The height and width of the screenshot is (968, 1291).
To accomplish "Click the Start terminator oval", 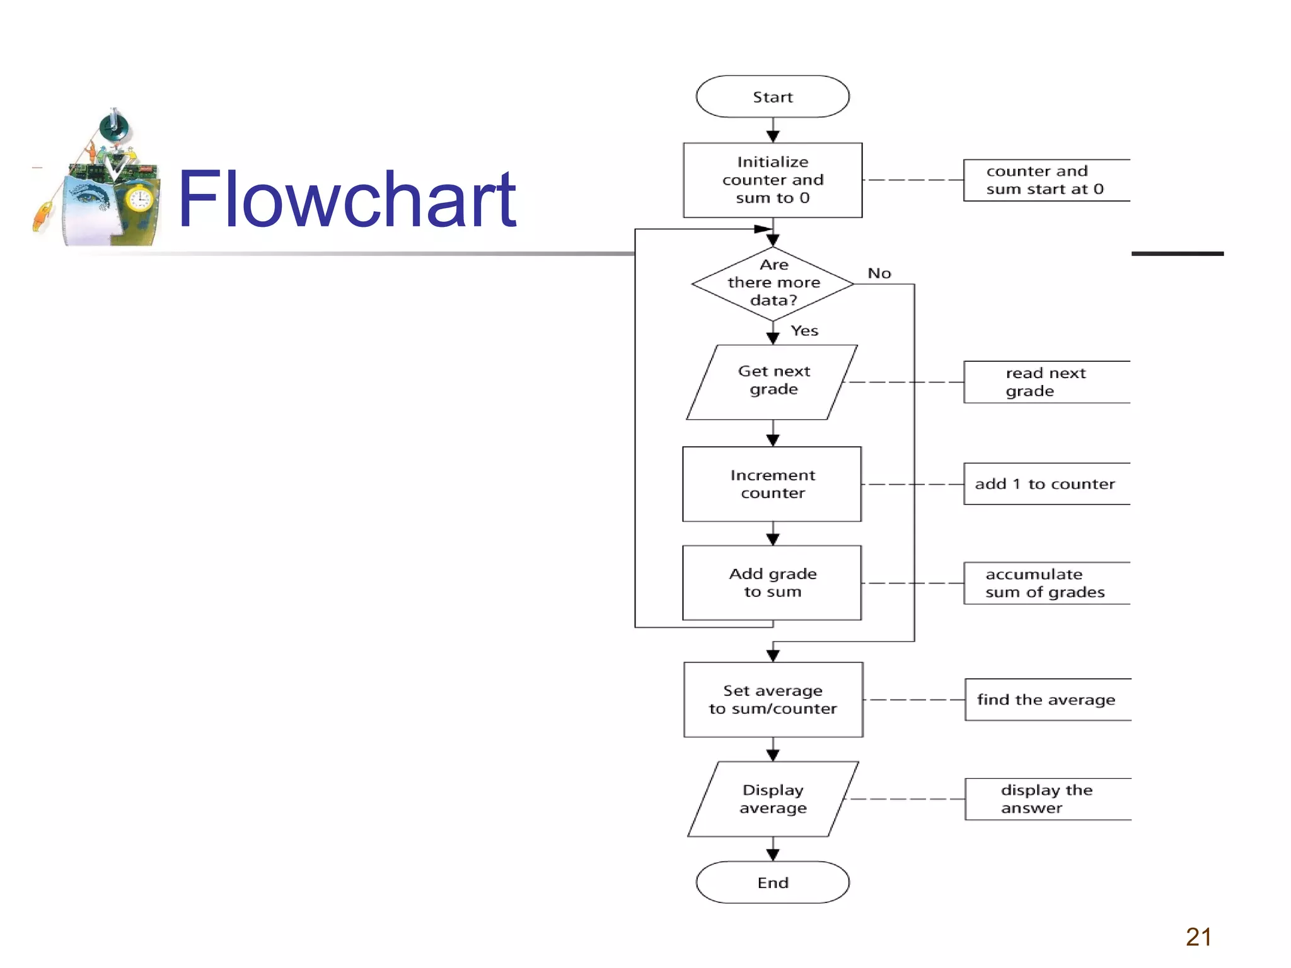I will [772, 96].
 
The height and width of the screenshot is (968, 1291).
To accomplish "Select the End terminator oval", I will [772, 882].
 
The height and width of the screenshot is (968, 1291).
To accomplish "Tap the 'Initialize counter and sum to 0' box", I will [772, 180].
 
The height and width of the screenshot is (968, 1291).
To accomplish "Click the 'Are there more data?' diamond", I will [773, 284].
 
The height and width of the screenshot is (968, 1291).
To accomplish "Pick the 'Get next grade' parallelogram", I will [773, 381].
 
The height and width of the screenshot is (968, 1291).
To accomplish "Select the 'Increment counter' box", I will [772, 484].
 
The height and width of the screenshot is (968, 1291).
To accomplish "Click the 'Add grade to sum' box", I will [772, 583].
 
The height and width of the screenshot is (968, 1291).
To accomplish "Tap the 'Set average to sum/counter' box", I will [773, 700].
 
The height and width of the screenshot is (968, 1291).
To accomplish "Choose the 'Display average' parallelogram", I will [773, 798].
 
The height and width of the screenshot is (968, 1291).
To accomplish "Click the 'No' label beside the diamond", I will [879, 274].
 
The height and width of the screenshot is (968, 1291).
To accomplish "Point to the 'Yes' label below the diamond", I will [804, 331].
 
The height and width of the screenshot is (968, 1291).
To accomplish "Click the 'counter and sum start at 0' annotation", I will [1045, 180].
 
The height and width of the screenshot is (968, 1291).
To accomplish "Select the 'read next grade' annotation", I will [1045, 382].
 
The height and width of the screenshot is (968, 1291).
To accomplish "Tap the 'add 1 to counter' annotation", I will [1045, 484].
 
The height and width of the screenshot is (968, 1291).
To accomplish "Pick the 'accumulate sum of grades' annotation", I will [1045, 583].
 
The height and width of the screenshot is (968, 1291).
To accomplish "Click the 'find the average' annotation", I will [1046, 700].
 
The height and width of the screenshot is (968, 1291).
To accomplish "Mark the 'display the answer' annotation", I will [1046, 798].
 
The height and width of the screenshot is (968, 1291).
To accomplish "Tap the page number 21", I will [1198, 937].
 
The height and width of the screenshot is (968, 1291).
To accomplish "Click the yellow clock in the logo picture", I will [139, 200].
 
